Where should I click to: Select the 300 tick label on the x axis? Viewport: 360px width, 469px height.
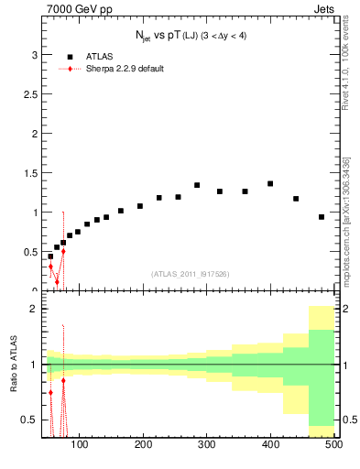click(x=206, y=444)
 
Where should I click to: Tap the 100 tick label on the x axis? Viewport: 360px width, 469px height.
click(x=80, y=444)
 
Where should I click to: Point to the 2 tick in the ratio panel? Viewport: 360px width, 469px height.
click(x=34, y=309)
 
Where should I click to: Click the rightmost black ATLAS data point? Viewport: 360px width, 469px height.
click(x=322, y=217)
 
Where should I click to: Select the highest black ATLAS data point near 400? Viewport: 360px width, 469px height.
click(x=270, y=183)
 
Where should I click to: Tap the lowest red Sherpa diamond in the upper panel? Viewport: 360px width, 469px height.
click(x=57, y=282)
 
